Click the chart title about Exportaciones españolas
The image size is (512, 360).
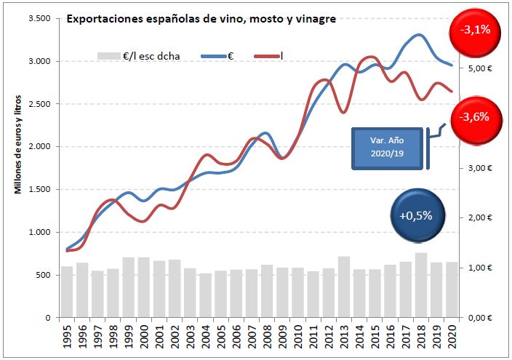click(201, 20)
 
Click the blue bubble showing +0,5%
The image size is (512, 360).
click(415, 215)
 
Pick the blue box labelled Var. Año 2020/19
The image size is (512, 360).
click(388, 149)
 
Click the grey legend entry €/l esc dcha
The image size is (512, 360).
click(143, 55)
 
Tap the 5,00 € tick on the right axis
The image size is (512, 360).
click(479, 68)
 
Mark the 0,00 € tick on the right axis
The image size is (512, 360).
click(479, 318)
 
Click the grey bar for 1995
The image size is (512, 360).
click(67, 292)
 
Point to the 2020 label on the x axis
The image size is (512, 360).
click(452, 339)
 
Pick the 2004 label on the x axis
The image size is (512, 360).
click(205, 339)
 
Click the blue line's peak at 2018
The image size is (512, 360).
click(420, 35)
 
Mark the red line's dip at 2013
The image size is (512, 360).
click(343, 112)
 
